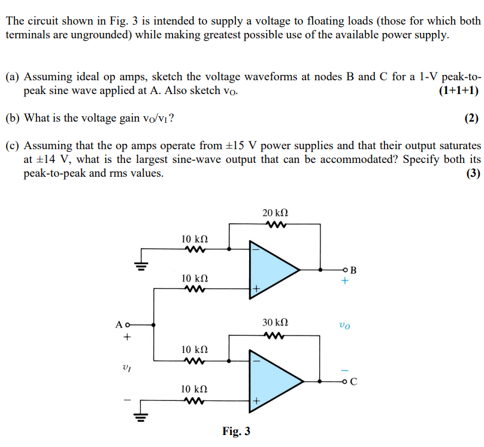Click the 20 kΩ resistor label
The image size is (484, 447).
click(x=275, y=213)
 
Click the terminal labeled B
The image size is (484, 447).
click(x=346, y=270)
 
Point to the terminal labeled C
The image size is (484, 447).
click(x=346, y=380)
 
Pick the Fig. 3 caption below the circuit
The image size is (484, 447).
click(x=236, y=431)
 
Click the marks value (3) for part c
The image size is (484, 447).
click(x=473, y=174)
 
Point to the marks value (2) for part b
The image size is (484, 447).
click(x=473, y=118)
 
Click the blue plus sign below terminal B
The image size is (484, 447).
click(x=345, y=282)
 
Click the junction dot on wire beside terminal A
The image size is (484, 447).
click(x=155, y=325)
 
